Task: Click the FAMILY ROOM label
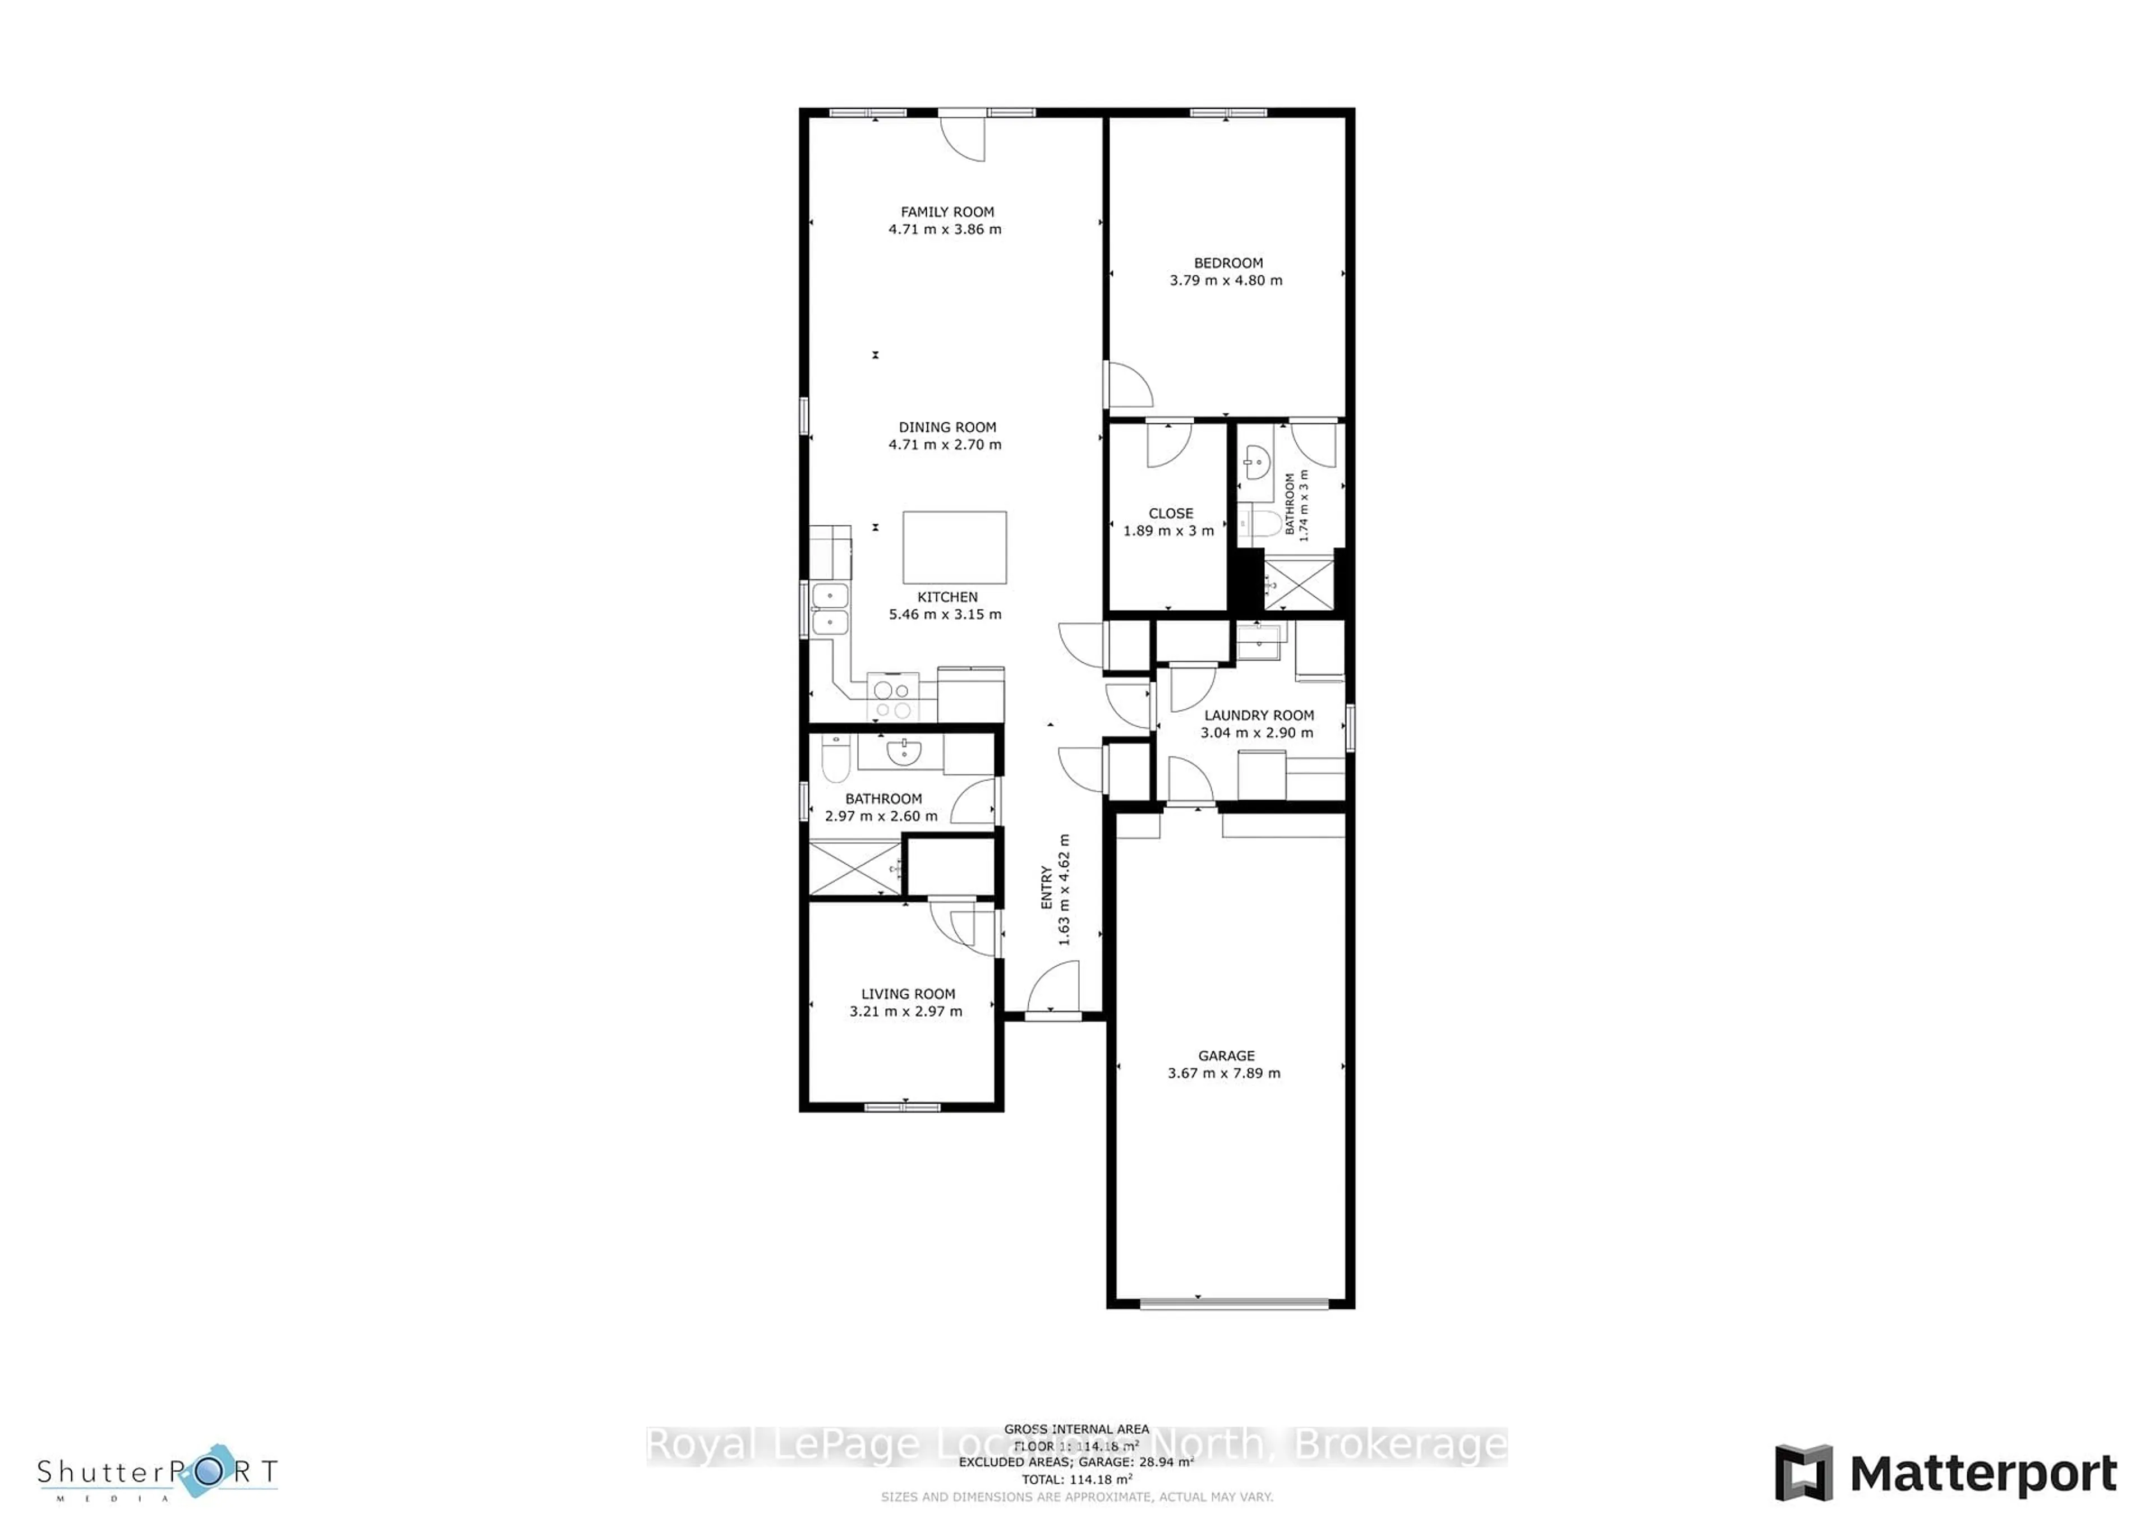pos(947,212)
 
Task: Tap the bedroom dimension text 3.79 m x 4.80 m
pos(1225,280)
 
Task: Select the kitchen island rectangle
pos(954,548)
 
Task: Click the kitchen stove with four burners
pos(892,697)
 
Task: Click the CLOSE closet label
pos(1170,514)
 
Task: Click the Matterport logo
pos(1946,1473)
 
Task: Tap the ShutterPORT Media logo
pos(158,1473)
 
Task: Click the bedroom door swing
pos(1129,385)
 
